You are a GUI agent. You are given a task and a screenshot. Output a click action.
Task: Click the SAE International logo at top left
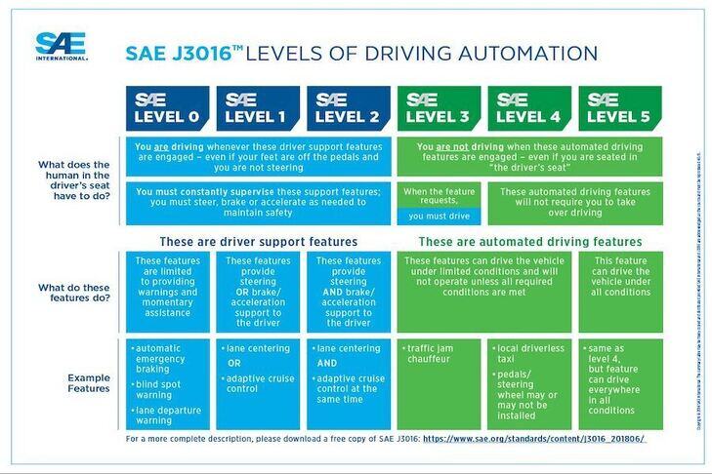point(61,45)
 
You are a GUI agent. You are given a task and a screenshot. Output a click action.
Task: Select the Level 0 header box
point(167,108)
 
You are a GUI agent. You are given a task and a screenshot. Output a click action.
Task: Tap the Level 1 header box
point(257,108)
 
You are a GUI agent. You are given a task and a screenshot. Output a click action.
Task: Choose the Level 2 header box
point(348,108)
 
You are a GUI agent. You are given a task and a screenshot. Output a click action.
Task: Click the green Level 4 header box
point(528,108)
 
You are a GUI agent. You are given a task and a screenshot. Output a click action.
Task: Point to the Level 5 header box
point(619,108)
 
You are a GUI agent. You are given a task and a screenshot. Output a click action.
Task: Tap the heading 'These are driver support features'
point(258,241)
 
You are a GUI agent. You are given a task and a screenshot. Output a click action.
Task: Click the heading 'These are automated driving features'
point(530,241)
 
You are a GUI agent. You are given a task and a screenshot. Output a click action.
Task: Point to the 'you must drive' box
point(439,217)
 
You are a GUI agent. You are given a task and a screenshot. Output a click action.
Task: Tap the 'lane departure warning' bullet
point(167,416)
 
